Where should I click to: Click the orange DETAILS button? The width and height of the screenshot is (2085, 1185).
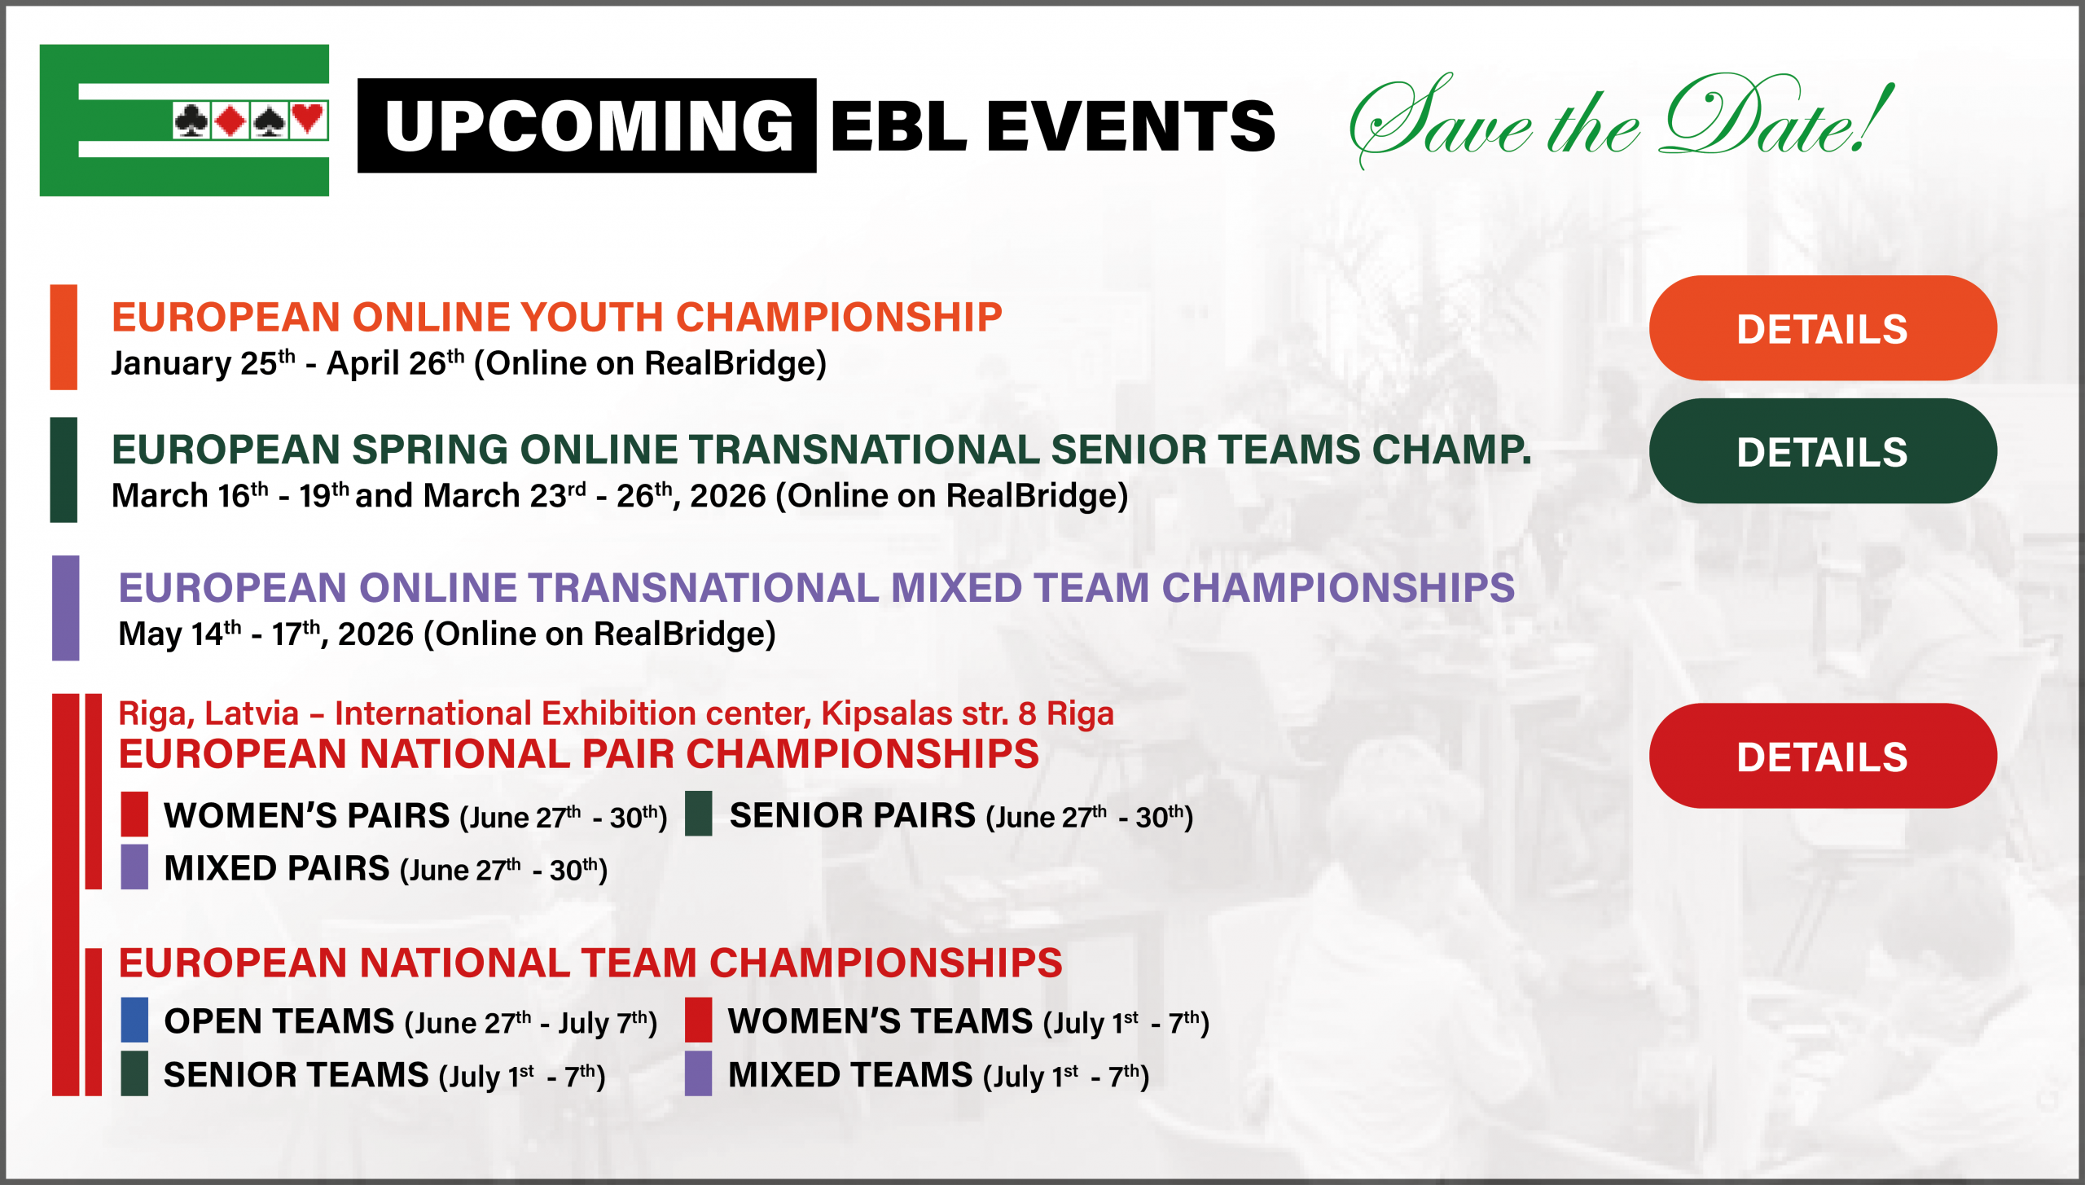click(1823, 328)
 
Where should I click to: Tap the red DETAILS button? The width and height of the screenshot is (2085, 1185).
click(1823, 756)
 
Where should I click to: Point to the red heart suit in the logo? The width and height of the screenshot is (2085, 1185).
click(308, 120)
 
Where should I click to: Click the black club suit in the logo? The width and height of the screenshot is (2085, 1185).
click(191, 121)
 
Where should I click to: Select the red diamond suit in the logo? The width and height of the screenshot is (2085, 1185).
click(231, 121)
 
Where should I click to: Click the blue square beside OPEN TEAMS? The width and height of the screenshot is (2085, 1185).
click(134, 1020)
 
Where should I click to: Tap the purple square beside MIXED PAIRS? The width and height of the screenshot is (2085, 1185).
click(134, 867)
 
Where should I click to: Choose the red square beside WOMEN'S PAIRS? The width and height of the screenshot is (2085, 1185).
click(134, 814)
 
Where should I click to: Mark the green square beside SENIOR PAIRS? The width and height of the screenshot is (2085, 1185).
click(699, 814)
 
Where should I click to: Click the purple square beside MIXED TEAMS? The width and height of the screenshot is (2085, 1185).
click(699, 1073)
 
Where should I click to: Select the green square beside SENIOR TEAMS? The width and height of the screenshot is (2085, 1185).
click(134, 1073)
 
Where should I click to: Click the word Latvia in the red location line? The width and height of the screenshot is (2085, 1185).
click(252, 713)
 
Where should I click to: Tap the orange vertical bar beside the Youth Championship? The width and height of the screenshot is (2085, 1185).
click(64, 337)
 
